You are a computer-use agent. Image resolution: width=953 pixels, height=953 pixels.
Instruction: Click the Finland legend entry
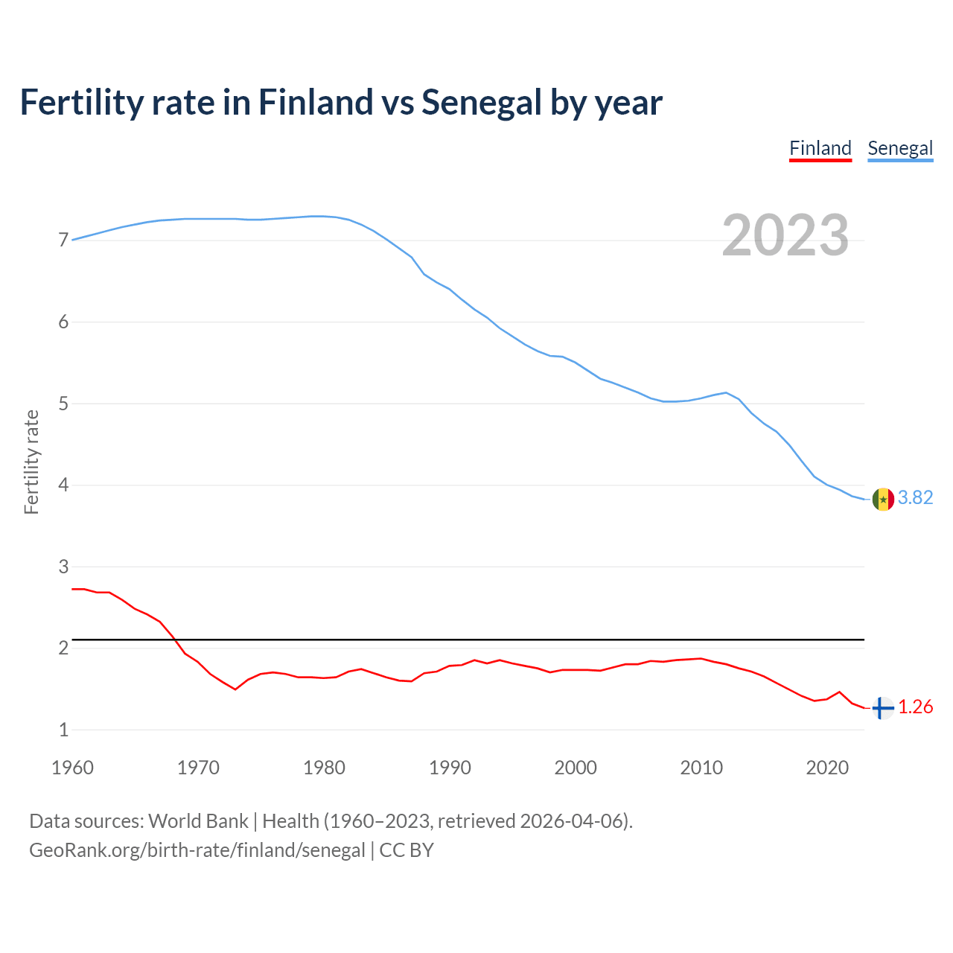tap(820, 148)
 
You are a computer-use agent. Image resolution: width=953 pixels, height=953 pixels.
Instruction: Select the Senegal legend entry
tap(900, 148)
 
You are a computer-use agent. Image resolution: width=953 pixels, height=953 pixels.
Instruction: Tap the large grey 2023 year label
tap(785, 235)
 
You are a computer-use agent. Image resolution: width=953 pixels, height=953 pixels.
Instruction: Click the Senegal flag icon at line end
tap(882, 499)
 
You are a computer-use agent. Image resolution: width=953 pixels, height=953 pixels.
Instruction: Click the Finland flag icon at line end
tap(882, 708)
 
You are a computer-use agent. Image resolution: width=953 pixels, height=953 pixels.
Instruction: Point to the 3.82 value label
tap(915, 497)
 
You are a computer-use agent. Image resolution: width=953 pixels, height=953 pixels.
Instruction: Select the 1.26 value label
tap(915, 707)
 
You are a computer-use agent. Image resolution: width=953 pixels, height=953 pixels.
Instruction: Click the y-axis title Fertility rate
tap(31, 462)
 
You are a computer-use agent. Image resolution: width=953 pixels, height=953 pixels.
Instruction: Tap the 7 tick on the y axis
tap(63, 240)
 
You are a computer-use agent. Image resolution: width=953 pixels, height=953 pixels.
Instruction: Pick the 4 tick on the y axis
tap(63, 485)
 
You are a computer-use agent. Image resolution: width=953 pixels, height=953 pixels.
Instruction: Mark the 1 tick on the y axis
tap(63, 730)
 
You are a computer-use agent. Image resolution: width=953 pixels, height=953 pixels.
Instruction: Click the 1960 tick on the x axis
tap(72, 768)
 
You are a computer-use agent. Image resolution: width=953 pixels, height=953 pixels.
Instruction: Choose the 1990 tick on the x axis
tap(450, 768)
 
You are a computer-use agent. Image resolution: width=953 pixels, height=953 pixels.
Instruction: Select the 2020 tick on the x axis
tap(827, 768)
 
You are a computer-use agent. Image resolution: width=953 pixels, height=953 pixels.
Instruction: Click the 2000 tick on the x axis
tap(576, 768)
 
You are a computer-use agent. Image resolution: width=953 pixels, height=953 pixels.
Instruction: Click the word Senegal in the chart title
tap(482, 103)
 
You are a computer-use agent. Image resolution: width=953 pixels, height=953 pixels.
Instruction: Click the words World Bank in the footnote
tap(198, 821)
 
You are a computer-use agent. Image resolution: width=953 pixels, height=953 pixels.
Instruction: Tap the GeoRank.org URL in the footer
tap(197, 850)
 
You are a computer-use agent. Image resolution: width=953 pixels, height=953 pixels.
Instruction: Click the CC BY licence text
tap(407, 850)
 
